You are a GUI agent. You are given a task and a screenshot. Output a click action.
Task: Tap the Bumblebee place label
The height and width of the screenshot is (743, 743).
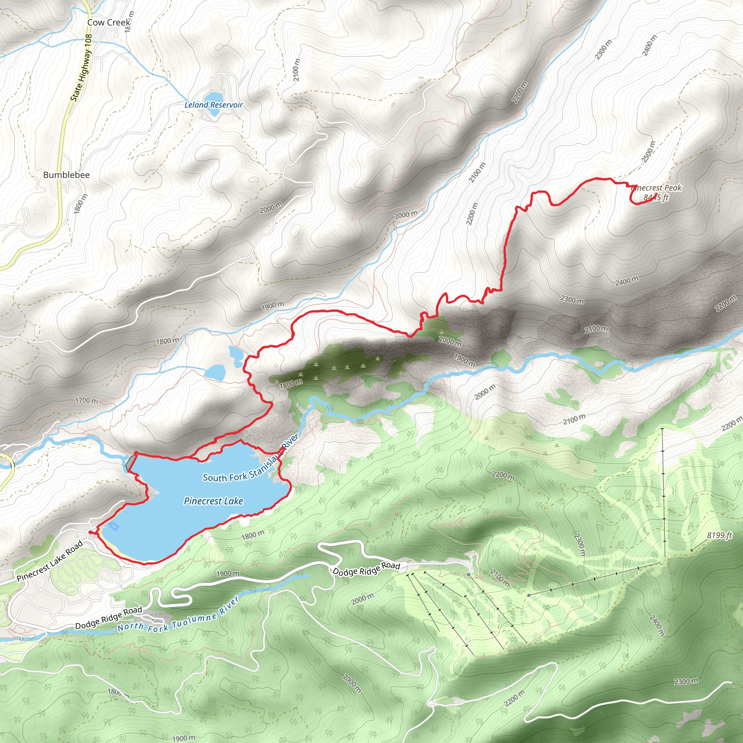click(66, 175)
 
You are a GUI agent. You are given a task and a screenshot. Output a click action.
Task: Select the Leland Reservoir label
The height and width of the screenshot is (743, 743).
click(213, 104)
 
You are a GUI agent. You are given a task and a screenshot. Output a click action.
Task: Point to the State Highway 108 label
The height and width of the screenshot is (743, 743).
click(82, 68)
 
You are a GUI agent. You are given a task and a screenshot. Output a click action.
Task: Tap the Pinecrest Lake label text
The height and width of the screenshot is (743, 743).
click(213, 501)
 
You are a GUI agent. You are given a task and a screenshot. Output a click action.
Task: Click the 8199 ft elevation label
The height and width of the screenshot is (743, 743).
click(719, 535)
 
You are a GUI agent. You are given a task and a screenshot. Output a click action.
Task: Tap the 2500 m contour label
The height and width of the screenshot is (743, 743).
click(648, 152)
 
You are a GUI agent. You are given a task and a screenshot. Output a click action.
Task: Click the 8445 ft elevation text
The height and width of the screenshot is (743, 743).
click(656, 198)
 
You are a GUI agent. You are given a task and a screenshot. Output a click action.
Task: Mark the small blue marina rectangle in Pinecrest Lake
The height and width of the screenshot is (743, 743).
click(114, 526)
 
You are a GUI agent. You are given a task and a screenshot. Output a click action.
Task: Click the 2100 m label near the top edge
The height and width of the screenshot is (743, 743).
click(296, 70)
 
